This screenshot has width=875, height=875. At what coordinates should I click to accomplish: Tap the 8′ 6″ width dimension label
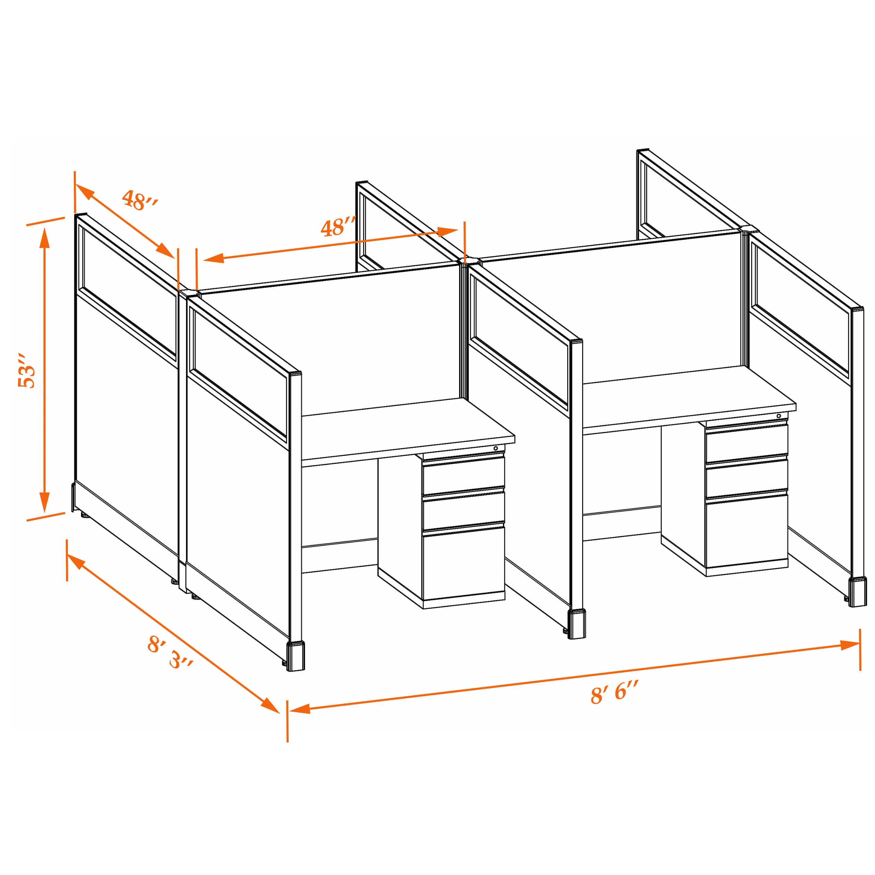tap(615, 692)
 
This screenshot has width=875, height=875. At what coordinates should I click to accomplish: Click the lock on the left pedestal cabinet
tap(496, 448)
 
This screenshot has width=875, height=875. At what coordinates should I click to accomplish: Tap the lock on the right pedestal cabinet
tap(779, 416)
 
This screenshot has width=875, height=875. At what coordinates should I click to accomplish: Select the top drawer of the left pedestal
tap(463, 475)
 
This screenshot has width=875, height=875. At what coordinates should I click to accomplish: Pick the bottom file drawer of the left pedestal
tap(463, 562)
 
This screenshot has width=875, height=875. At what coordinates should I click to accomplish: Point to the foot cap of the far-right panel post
tap(858, 592)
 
